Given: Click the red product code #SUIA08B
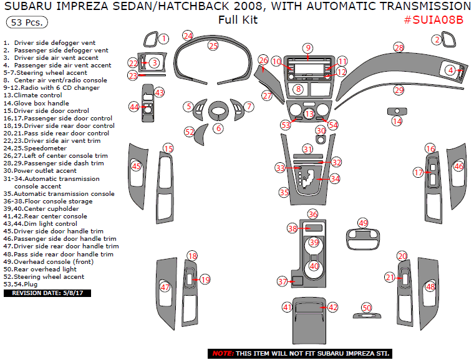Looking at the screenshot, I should click(x=433, y=19).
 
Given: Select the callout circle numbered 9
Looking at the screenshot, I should click(x=307, y=48).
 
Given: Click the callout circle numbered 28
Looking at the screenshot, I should click(x=399, y=47).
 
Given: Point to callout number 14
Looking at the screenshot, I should click(x=397, y=122).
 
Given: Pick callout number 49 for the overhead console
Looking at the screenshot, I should click(x=363, y=223).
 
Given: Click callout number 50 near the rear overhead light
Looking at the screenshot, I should click(x=367, y=308).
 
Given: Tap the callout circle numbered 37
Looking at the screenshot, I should click(x=283, y=282).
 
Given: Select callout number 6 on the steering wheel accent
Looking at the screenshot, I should click(x=218, y=128).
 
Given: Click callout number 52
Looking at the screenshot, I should click(x=190, y=132).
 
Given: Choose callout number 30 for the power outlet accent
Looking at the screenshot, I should click(x=320, y=130).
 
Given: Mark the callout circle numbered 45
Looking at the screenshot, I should click(x=136, y=167).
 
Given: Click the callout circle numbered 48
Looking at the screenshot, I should click(x=430, y=286).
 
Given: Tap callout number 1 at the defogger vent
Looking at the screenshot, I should click(x=163, y=39).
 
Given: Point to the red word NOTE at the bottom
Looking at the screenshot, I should click(x=223, y=353).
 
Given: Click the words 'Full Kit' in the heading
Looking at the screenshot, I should click(x=238, y=19).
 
